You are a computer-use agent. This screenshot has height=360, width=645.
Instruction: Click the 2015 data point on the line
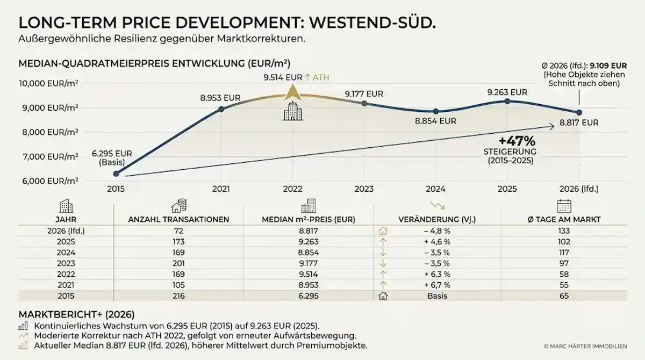(116, 174)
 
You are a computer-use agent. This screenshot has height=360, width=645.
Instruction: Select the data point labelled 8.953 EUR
(221, 109)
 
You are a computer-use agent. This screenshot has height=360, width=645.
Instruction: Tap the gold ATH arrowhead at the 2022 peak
(292, 92)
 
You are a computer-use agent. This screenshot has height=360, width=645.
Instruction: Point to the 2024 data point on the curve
(436, 111)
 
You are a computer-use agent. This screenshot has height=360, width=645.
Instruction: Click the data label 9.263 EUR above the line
(507, 92)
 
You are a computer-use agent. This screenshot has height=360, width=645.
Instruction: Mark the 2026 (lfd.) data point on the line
(579, 112)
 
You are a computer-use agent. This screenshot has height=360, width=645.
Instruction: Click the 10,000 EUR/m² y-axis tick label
(48, 83)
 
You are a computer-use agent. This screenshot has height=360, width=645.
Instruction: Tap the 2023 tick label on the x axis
(364, 189)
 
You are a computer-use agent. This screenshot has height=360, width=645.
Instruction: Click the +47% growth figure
(517, 141)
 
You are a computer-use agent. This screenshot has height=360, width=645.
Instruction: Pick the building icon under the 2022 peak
(292, 111)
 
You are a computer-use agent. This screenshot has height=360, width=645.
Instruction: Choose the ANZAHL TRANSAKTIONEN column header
(178, 220)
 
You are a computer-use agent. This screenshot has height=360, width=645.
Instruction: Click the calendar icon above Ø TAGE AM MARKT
(564, 206)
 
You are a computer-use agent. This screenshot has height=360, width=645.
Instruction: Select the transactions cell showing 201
(178, 263)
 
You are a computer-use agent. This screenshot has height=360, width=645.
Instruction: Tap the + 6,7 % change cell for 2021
(437, 285)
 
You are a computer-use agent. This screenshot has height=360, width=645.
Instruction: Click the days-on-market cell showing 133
(564, 231)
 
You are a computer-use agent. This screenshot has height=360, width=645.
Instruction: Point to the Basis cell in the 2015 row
(437, 296)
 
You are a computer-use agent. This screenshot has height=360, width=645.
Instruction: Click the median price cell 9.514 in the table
(309, 274)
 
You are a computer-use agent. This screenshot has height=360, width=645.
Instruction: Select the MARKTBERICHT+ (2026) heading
(76, 314)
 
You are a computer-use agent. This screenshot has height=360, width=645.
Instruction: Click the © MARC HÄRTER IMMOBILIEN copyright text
(585, 346)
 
